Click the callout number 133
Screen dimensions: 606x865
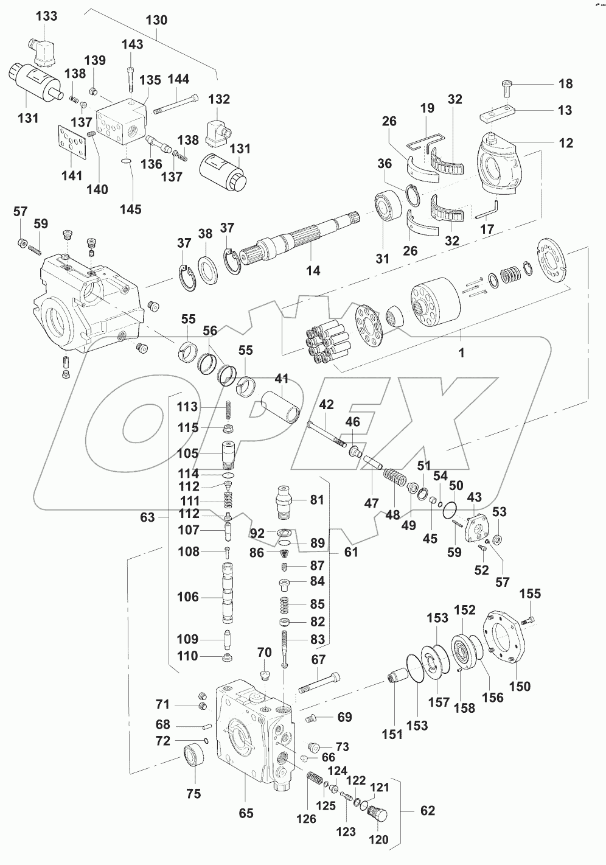coord(47,16)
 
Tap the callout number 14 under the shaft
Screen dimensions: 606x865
coord(313,271)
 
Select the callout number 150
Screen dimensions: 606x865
coord(520,686)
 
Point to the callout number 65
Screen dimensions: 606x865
coord(246,813)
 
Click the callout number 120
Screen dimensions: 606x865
coord(378,839)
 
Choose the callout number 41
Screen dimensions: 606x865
coord(281,379)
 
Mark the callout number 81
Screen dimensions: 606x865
coord(317,500)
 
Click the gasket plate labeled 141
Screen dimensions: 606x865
coord(73,146)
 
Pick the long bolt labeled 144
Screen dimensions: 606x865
coord(176,104)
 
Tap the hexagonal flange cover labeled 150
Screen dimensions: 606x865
coord(505,642)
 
